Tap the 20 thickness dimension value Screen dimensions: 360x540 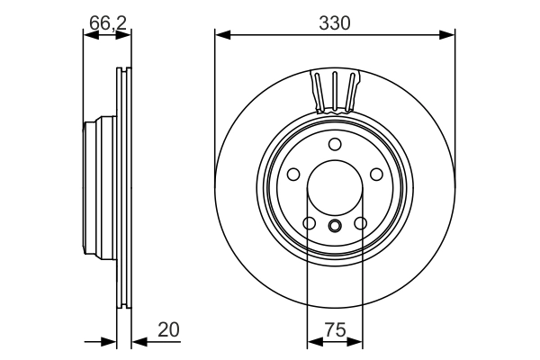pos(168,330)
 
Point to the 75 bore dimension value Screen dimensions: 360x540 pos(335,330)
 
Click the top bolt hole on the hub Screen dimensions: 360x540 pos(335,145)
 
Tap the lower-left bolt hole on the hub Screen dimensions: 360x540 pos(309,224)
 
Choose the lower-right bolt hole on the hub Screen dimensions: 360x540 pos(361,224)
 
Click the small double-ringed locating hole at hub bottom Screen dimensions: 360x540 pos(335,226)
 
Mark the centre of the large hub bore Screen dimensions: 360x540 pos(335,190)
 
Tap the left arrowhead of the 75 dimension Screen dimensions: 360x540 pos(313,342)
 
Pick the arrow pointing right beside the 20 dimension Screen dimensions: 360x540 pos(110,342)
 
